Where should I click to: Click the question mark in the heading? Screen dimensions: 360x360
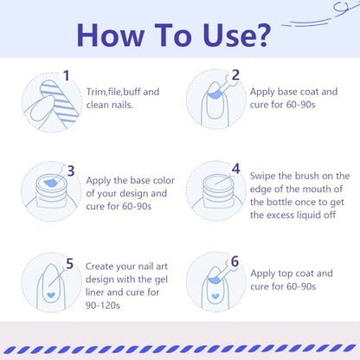260,35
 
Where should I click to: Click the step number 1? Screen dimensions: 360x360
67,75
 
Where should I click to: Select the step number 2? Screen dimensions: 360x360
235,75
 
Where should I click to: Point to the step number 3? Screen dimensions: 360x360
71,170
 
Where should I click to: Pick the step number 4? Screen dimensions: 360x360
236,169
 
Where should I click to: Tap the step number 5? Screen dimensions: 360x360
69,264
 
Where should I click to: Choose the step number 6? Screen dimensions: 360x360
235,261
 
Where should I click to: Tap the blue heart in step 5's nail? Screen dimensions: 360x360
51,295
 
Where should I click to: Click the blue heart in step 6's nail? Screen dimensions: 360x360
215,296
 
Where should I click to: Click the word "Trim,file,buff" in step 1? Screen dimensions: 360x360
113,92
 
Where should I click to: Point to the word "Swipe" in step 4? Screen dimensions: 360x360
262,177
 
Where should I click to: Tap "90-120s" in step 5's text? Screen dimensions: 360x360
103,305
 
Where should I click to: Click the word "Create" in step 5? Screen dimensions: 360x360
100,267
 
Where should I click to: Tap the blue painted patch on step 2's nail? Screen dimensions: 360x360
215,94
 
